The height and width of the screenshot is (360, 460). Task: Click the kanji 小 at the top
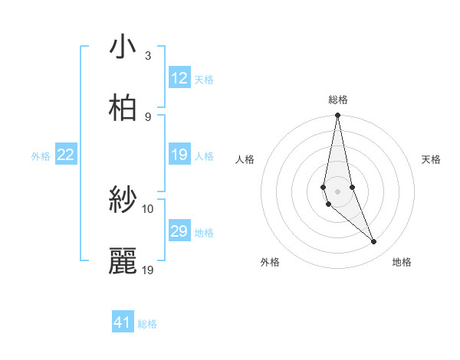123,47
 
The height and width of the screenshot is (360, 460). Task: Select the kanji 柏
123,108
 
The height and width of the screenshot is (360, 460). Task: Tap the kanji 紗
123,201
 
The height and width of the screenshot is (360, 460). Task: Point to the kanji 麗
123,261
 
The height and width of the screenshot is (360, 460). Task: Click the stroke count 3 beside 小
148,56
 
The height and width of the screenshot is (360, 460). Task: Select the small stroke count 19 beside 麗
148,270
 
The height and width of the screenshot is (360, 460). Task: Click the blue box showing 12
179,78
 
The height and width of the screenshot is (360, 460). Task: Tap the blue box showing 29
179,231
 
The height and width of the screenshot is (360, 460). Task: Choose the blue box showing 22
66,155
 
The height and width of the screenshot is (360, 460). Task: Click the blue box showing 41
123,322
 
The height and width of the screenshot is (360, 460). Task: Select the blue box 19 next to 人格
179,155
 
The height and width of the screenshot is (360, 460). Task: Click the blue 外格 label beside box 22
41,156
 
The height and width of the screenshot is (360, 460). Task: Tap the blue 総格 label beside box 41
147,324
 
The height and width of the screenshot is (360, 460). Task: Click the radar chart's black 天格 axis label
432,159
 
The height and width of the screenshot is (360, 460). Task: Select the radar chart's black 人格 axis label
245,159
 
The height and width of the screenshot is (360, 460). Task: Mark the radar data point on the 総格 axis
337,116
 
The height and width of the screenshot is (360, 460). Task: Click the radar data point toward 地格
374,242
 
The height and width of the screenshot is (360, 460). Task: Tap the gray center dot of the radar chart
337,191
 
